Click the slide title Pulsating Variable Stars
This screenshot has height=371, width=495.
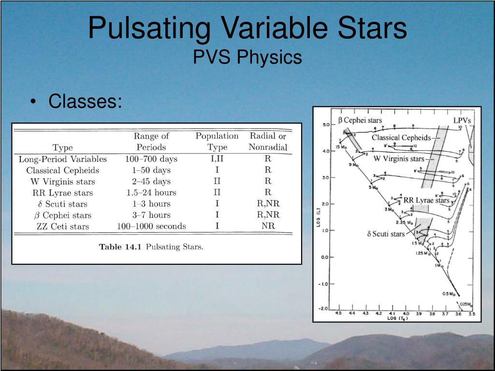pyautogui.click(x=247, y=28)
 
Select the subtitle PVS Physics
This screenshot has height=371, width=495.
pyautogui.click(x=247, y=57)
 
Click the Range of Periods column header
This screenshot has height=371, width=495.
pyautogui.click(x=151, y=142)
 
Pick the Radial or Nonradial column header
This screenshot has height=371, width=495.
pyautogui.click(x=268, y=142)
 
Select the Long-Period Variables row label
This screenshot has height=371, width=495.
pyautogui.click(x=63, y=159)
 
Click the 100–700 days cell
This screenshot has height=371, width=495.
pyautogui.click(x=151, y=159)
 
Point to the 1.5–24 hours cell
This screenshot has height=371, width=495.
pyautogui.click(x=151, y=192)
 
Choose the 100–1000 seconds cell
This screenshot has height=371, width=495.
pyautogui.click(x=151, y=226)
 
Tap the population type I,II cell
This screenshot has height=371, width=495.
pyautogui.click(x=217, y=159)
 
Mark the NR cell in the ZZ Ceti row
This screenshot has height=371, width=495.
pyautogui.click(x=268, y=226)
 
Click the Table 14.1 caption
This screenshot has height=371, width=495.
pyautogui.click(x=151, y=247)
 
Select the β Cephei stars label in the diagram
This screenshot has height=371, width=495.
pyautogui.click(x=360, y=120)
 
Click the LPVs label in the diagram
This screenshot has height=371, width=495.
pyautogui.click(x=462, y=120)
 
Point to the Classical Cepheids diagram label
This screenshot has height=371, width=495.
pyautogui.click(x=401, y=138)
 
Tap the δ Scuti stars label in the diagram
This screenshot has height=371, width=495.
pyautogui.click(x=386, y=234)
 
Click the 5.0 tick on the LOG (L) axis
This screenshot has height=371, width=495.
pyautogui.click(x=325, y=125)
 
